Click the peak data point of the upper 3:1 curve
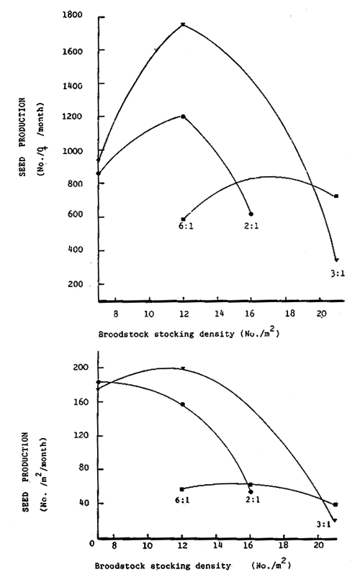point(183,24)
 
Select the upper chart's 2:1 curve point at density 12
point(183,117)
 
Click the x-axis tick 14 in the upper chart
point(217,314)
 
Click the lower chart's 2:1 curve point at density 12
point(183,404)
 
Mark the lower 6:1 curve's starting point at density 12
point(182,489)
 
